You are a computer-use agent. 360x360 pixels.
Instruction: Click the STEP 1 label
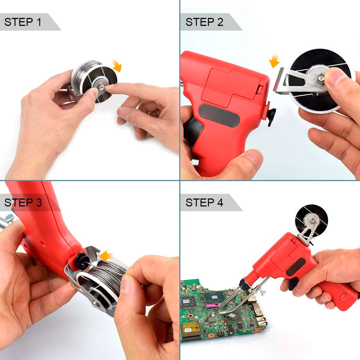coord(23,22)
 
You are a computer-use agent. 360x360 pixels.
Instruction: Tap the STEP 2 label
coord(204,22)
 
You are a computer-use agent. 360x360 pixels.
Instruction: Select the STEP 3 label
coord(23,203)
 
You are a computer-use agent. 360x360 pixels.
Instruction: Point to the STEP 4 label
coord(204,203)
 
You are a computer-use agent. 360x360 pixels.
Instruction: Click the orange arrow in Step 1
coord(117,65)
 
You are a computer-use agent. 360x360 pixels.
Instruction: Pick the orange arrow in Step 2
coord(274,61)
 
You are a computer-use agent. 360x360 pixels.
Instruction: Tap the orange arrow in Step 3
coord(107,255)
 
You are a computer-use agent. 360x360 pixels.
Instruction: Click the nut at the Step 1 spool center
coord(101,87)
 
